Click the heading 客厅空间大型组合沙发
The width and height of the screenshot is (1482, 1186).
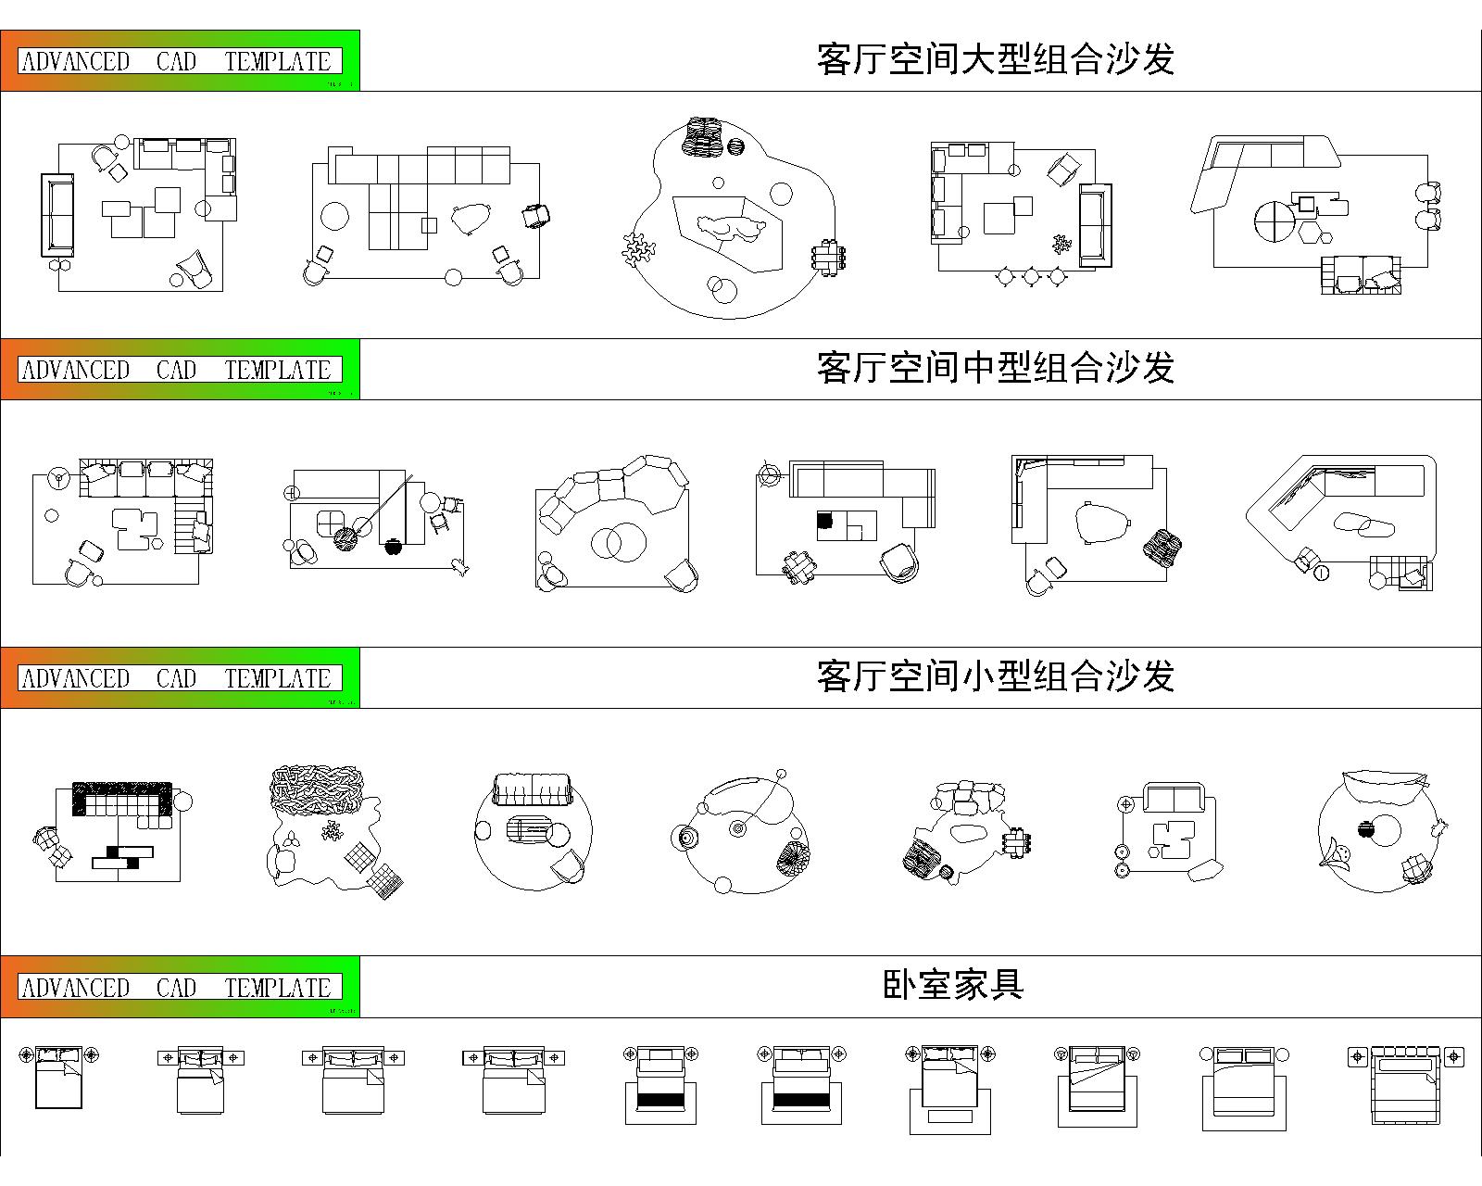pyautogui.click(x=996, y=59)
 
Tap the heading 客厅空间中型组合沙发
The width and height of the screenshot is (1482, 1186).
pyautogui.click(x=996, y=368)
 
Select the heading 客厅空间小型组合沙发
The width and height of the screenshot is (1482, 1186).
pyautogui.click(x=996, y=676)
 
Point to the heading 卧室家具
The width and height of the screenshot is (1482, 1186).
pyautogui.click(x=953, y=985)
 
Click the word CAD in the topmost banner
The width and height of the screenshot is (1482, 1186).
pyautogui.click(x=176, y=62)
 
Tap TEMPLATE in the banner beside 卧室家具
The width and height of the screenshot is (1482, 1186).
pyautogui.click(x=278, y=988)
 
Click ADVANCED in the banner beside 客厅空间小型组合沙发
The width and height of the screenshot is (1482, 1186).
pyautogui.click(x=75, y=679)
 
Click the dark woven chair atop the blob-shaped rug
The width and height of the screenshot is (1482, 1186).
pyautogui.click(x=702, y=136)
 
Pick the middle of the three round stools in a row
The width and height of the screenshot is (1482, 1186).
pyautogui.click(x=1031, y=275)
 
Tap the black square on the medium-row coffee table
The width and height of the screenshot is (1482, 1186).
pyautogui.click(x=824, y=522)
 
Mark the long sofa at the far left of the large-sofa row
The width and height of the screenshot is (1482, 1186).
pyautogui.click(x=57, y=215)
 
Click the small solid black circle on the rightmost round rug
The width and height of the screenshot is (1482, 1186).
pyautogui.click(x=1364, y=829)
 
